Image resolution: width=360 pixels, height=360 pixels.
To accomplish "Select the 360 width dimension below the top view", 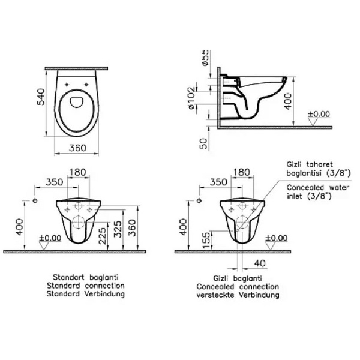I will click(77, 148).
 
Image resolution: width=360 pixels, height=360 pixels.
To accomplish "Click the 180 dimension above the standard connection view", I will click(79, 173).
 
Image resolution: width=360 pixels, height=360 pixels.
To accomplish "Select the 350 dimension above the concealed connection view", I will click(219, 182).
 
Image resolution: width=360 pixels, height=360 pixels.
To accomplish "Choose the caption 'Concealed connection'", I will click(237, 287).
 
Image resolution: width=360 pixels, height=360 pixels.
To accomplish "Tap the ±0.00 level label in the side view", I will click(319, 113).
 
